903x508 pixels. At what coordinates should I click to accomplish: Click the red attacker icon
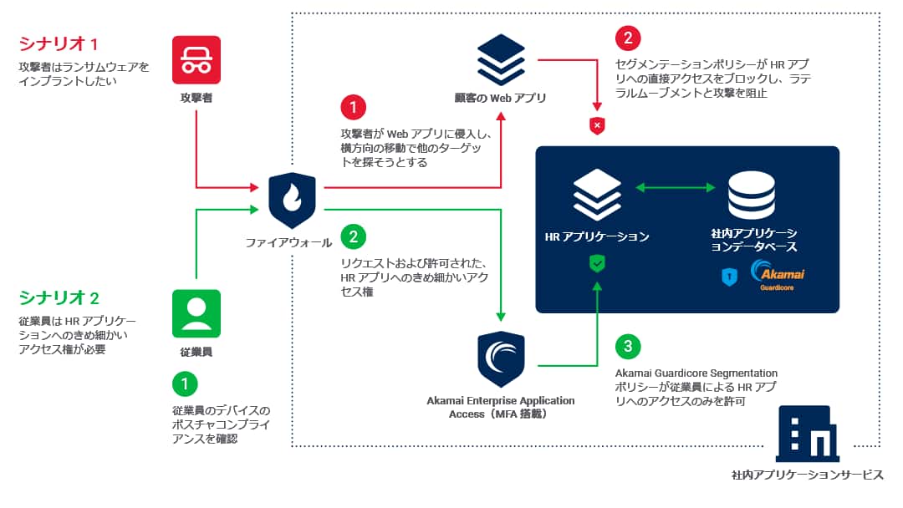coord(196,60)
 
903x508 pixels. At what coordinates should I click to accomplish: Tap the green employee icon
coord(196,313)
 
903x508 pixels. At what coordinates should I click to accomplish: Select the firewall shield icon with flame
coord(292,201)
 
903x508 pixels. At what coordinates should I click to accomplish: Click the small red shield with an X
coord(597,126)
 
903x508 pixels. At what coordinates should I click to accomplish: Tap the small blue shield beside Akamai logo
coord(729,277)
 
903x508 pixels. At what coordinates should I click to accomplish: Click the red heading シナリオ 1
coord(59,43)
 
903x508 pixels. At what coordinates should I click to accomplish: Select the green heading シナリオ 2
coord(59,297)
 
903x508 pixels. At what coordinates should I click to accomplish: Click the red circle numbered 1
coord(353,108)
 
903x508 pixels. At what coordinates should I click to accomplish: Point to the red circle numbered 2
coord(627,39)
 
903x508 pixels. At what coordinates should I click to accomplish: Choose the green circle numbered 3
coord(627,347)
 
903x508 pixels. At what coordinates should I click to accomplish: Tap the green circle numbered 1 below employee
coord(184,384)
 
